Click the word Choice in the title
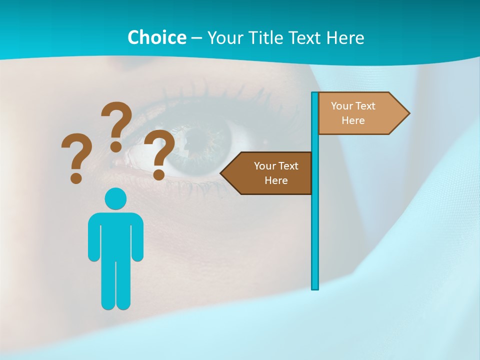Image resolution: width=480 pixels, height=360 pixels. pyautogui.click(x=156, y=37)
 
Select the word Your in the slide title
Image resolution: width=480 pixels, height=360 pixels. pyautogui.click(x=224, y=37)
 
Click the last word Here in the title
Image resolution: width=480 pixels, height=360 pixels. pyautogui.click(x=345, y=37)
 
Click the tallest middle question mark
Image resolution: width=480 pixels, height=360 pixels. pyautogui.click(x=116, y=125)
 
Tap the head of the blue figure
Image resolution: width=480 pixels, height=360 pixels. pyautogui.click(x=115, y=198)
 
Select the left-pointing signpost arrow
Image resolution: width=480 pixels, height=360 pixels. pyautogui.click(x=270, y=173)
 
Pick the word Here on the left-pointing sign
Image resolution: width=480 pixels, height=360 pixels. pyautogui.click(x=276, y=180)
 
